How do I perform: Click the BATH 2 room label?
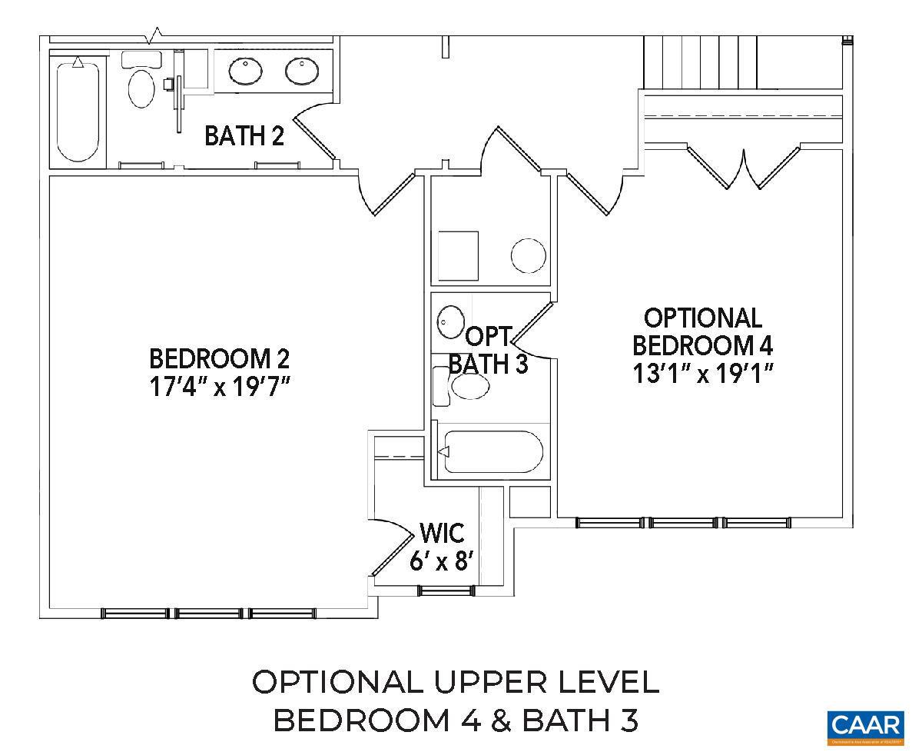click(x=244, y=137)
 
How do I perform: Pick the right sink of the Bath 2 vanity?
click(x=302, y=72)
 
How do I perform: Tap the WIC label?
click(x=442, y=534)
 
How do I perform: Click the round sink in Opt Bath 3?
click(x=451, y=321)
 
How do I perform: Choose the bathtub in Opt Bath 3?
click(x=492, y=452)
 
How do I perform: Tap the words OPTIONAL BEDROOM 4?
click(x=702, y=331)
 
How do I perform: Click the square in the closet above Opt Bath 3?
click(x=458, y=256)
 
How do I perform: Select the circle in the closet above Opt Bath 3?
click(x=529, y=256)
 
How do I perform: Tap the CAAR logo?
click(x=864, y=727)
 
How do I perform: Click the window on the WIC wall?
click(x=443, y=591)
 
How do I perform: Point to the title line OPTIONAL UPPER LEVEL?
click(x=456, y=682)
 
